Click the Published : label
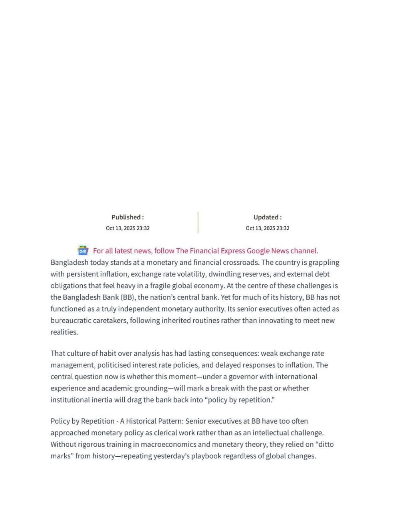[x=127, y=217]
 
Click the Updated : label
[x=267, y=217]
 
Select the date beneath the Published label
[x=127, y=228]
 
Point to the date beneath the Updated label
[x=267, y=228]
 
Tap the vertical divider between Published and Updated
[x=198, y=222]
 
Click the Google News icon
[x=83, y=251]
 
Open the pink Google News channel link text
[x=205, y=251]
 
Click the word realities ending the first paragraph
[x=64, y=332]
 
